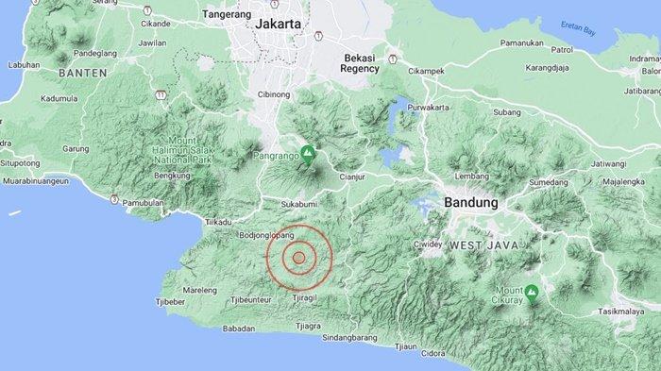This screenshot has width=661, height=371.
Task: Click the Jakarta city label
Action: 279,23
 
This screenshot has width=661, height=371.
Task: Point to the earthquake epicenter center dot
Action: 298,257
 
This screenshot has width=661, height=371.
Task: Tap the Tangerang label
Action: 227,16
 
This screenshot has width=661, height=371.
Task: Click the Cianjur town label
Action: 351,176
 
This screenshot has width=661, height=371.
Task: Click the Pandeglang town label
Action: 93,55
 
